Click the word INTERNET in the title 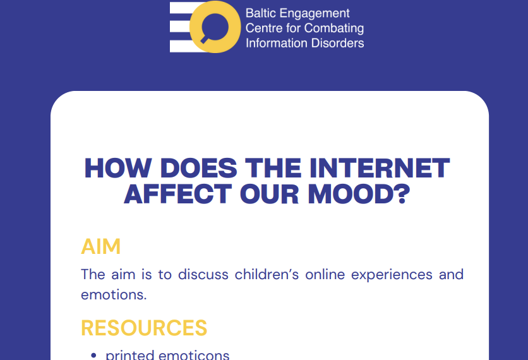pyautogui.click(x=380, y=168)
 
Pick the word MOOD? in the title pyautogui.click(x=359, y=194)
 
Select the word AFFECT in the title pyautogui.click(x=178, y=194)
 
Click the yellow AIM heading pyautogui.click(x=100, y=246)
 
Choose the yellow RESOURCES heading pyautogui.click(x=144, y=328)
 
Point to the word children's pyautogui.click(x=267, y=275)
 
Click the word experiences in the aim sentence pyautogui.click(x=392, y=275)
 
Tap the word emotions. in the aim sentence pyautogui.click(x=114, y=295)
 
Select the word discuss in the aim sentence pyautogui.click(x=203, y=275)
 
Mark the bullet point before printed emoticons pyautogui.click(x=93, y=354)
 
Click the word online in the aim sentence pyautogui.click(x=325, y=275)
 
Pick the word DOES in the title pyautogui.click(x=199, y=168)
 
